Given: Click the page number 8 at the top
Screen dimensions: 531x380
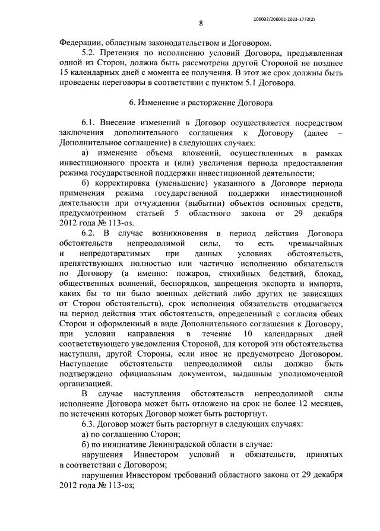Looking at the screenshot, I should [201, 24].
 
